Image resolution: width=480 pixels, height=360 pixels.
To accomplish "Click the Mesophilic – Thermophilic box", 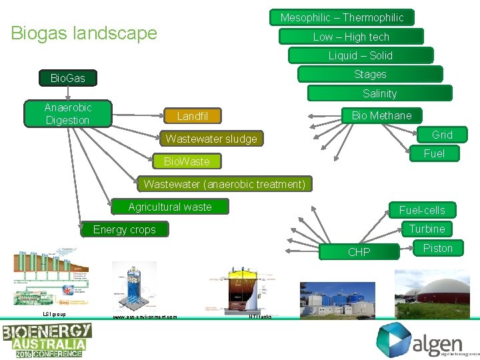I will point(341,17).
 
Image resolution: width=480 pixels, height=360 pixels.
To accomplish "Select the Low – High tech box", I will point(351,37).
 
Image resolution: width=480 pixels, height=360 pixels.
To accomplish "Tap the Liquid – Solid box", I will point(360,55).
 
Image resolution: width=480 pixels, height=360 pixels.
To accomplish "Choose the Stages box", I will point(370,74).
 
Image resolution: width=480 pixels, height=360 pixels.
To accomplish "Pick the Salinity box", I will point(379,93).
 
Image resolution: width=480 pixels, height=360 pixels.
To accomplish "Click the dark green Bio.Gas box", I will point(68,78).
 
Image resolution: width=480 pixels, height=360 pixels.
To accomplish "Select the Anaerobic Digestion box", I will point(67,114).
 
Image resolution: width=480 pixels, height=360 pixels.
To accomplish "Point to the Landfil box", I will point(193,116).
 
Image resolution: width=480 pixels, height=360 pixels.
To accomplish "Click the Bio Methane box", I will point(381,115).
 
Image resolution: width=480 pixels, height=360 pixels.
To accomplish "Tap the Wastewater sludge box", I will point(211,139).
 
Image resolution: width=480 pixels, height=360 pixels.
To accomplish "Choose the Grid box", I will point(442,135).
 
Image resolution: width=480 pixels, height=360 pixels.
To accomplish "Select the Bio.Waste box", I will point(187,161).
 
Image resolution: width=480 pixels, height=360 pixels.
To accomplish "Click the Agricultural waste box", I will point(170,207).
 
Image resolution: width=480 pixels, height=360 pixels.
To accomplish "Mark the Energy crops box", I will point(125,229).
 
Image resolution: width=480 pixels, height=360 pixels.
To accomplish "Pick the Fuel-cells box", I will point(422,210).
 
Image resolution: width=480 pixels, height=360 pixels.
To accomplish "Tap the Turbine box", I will point(427,229).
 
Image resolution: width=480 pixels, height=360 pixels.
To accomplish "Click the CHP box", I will point(359,252).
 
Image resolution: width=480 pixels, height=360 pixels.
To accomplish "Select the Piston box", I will point(437,248).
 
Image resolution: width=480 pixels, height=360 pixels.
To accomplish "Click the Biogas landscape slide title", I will point(84,33).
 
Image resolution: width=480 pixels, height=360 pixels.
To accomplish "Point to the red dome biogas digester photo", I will point(437,293).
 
